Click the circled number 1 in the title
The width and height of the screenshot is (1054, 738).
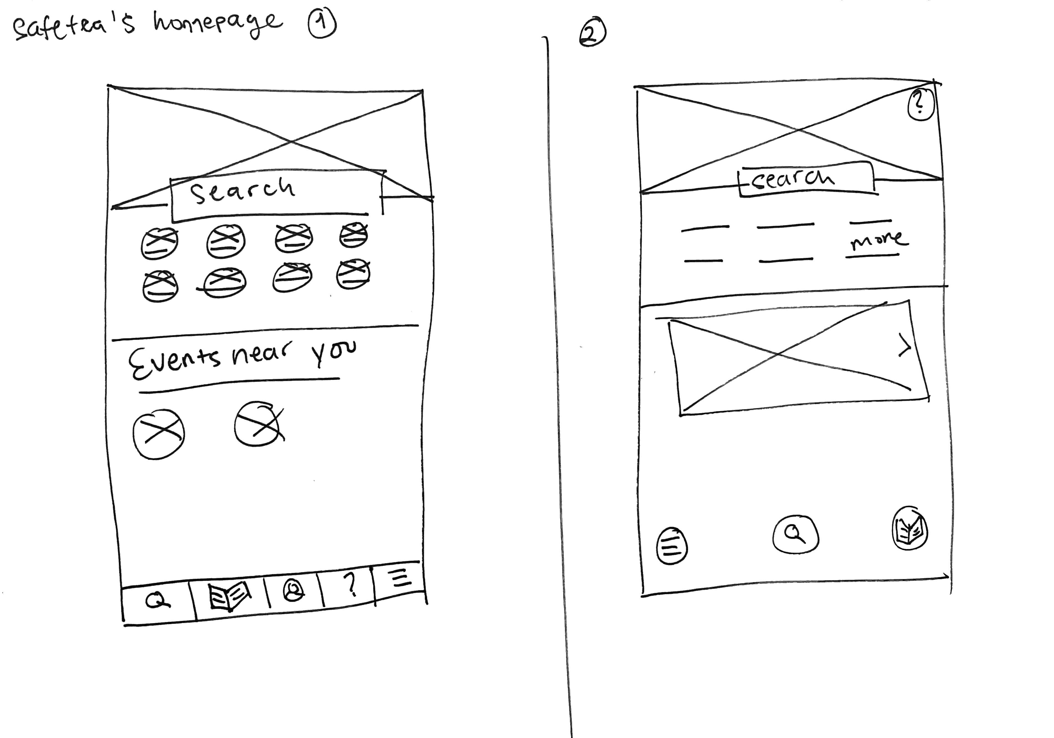click(322, 24)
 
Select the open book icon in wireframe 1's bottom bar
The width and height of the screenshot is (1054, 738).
click(230, 595)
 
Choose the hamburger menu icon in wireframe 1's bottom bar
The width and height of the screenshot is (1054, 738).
click(401, 577)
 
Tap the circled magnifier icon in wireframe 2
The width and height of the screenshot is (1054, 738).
click(796, 534)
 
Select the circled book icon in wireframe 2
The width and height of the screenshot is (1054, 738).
click(909, 528)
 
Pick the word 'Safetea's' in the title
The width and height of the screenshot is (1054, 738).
click(74, 29)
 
